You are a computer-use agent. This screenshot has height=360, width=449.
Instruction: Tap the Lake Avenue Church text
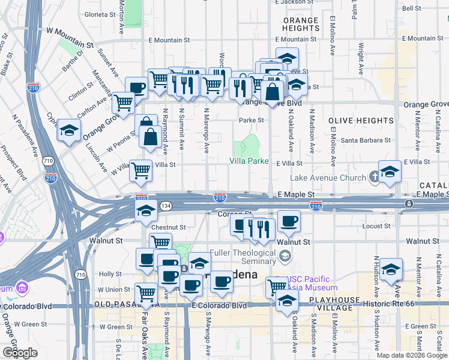tap(328, 178)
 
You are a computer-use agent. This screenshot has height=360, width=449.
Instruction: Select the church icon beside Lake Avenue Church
tap(375, 176)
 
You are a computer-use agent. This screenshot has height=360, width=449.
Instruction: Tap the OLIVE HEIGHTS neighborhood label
tap(360, 121)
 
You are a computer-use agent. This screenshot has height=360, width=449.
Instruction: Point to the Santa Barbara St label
tap(366, 140)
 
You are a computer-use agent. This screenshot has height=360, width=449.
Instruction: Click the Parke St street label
tap(252, 120)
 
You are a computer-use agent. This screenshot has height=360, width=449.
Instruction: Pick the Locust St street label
tap(378, 226)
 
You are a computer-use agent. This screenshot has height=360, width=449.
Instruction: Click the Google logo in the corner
tap(19, 353)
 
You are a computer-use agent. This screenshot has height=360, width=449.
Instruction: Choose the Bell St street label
tap(411, 8)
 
